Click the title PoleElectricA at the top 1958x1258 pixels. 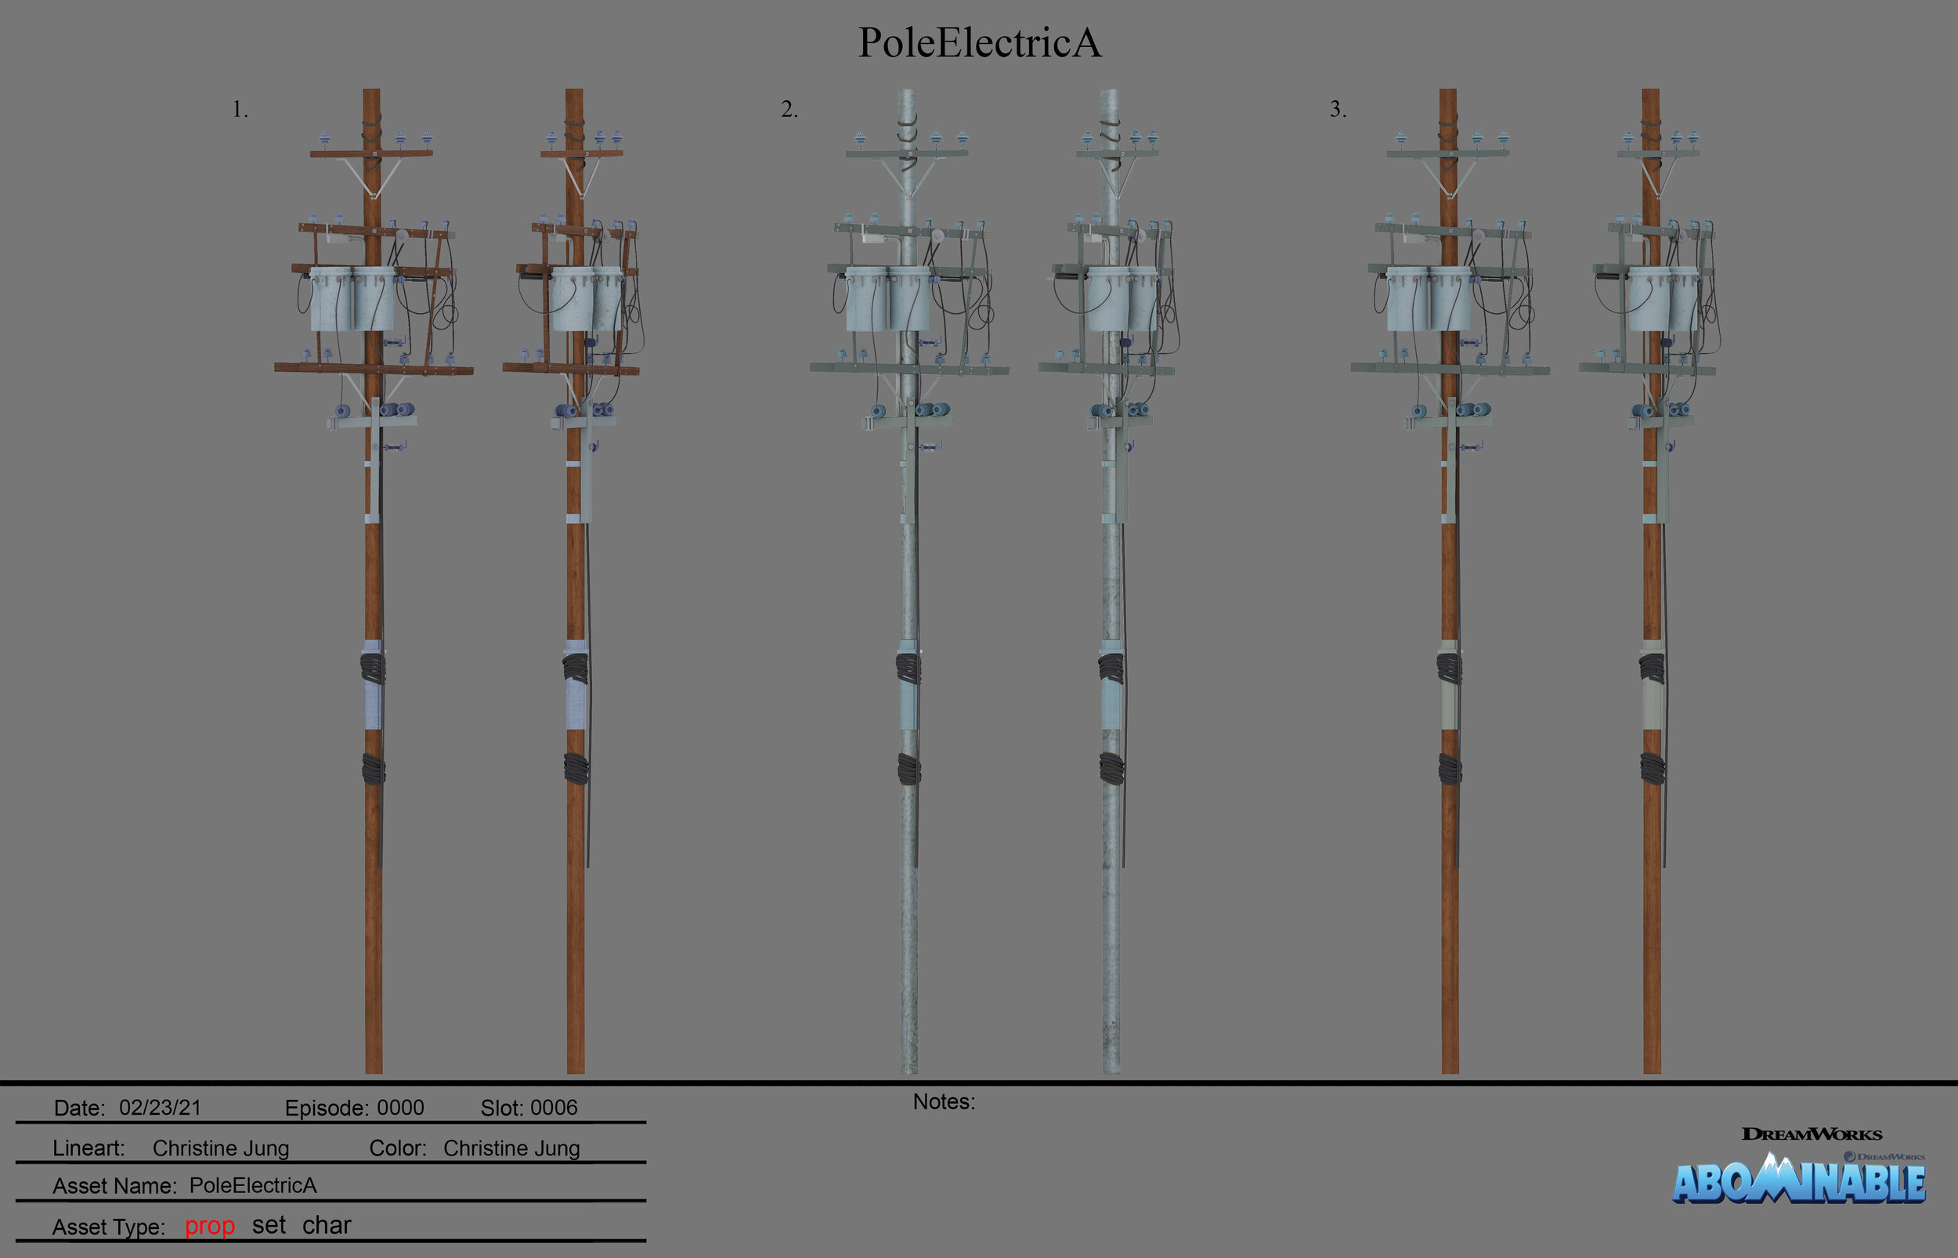click(x=979, y=42)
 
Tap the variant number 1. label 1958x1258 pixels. click(x=240, y=110)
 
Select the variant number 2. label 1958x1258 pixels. click(x=789, y=110)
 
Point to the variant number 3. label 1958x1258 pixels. click(x=1337, y=110)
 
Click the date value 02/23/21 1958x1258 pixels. click(x=161, y=1108)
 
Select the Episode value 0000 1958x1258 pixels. click(x=399, y=1108)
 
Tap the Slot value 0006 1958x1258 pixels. click(x=553, y=1108)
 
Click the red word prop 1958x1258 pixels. click(x=209, y=1226)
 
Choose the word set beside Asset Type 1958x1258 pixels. click(x=268, y=1225)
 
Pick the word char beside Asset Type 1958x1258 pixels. click(x=326, y=1225)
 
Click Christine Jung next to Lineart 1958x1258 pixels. click(x=221, y=1148)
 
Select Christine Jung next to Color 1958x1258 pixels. click(x=511, y=1148)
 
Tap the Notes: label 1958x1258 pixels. click(x=944, y=1102)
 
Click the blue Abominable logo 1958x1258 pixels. click(x=1797, y=1181)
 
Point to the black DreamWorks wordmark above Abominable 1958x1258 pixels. click(x=1811, y=1134)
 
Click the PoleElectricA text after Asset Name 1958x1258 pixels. click(x=252, y=1185)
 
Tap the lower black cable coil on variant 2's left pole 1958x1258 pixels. click(x=909, y=769)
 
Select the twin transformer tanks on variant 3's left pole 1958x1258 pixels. click(x=1428, y=299)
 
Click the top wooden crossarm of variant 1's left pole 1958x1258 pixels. click(x=372, y=153)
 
